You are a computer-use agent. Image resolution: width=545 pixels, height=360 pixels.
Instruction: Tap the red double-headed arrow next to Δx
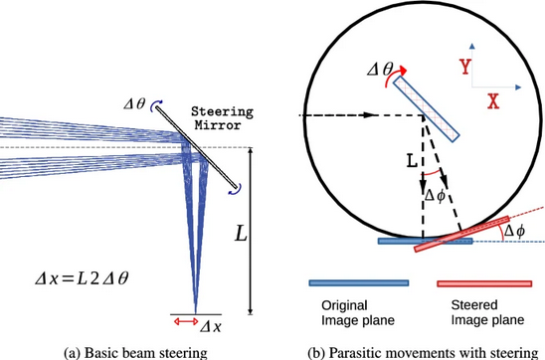click(x=184, y=320)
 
